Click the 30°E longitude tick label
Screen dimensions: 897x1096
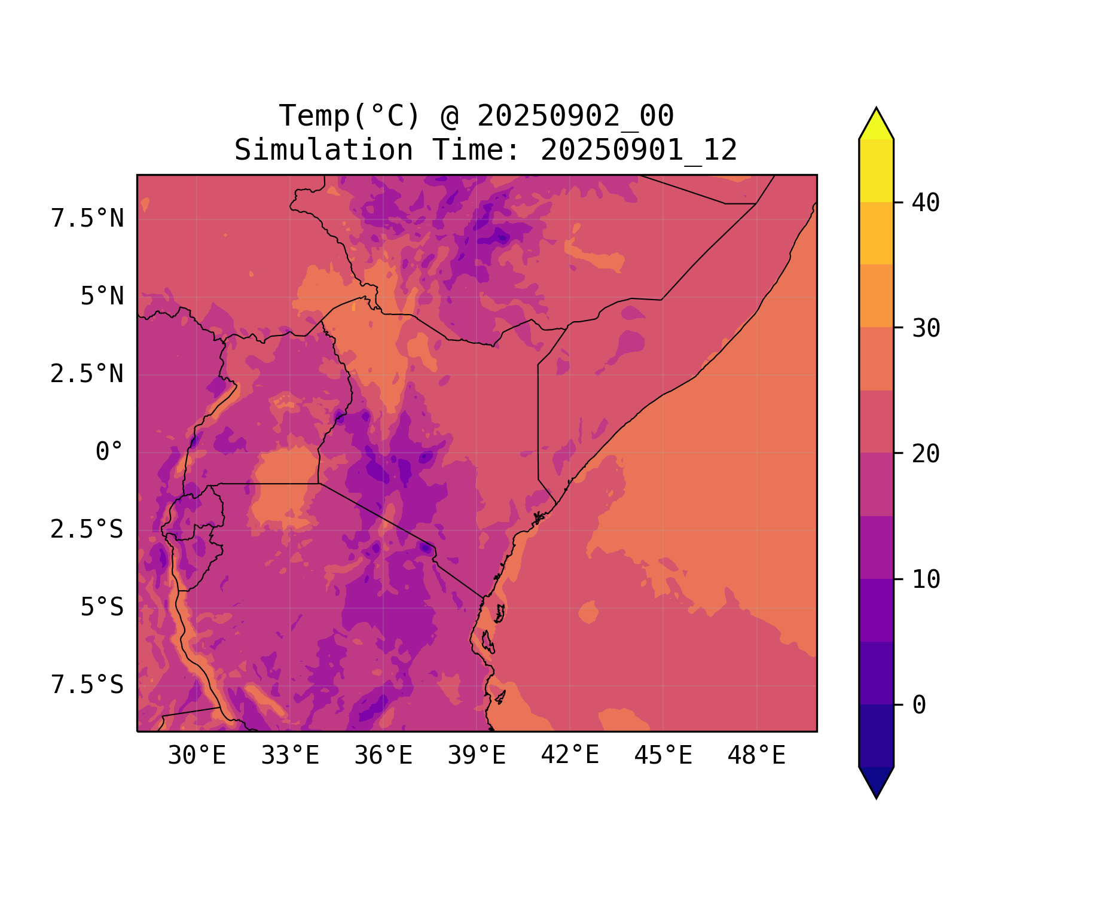[197, 756]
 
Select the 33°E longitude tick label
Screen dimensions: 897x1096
[290, 756]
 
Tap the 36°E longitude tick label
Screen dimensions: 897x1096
[383, 756]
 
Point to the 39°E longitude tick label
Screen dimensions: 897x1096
[477, 756]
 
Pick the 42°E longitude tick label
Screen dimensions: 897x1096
[570, 756]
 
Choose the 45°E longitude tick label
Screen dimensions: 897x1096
[663, 756]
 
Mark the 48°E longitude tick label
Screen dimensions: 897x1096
[756, 756]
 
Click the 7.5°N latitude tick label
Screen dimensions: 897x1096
[87, 219]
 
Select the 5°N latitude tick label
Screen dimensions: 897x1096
[102, 297]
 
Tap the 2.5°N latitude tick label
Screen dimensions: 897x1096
[87, 374]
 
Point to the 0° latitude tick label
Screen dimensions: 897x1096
[109, 452]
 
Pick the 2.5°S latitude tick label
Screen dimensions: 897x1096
[87, 530]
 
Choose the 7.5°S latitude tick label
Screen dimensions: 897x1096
[87, 685]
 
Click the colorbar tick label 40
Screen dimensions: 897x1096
[926, 203]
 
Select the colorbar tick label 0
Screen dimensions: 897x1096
[919, 706]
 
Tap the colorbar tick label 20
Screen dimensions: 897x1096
[926, 454]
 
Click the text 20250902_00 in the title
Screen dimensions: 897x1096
[575, 116]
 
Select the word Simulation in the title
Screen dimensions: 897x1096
[323, 150]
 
